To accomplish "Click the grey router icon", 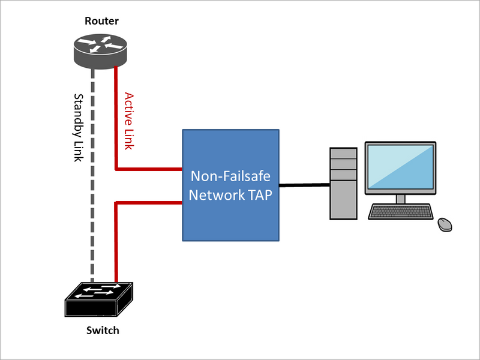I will pyautogui.click(x=100, y=49).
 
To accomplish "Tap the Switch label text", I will pyautogui.click(x=103, y=331).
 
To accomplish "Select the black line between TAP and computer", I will pyautogui.click(x=305, y=185).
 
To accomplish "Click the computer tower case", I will pyautogui.click(x=343, y=183).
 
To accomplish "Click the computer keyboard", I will pyautogui.click(x=401, y=212).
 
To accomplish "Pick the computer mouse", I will pyautogui.click(x=445, y=224).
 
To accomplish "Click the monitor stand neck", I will pyautogui.click(x=400, y=198).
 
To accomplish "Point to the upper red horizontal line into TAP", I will pyautogui.click(x=150, y=169).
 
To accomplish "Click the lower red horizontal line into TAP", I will pyautogui.click(x=150, y=203).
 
